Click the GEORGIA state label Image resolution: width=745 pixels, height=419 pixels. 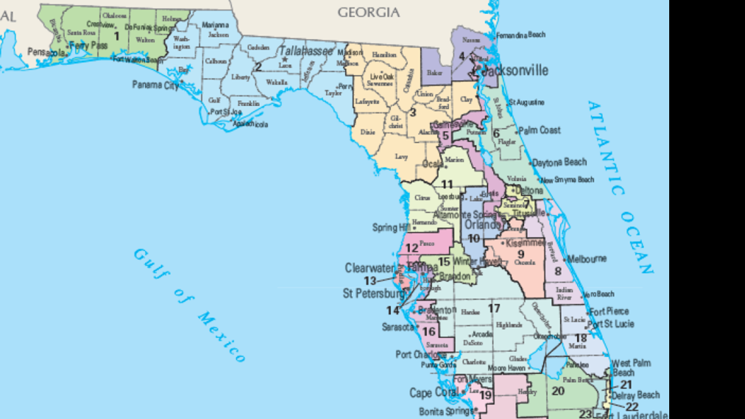click(x=368, y=12)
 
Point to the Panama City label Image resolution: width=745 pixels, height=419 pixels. click(x=156, y=85)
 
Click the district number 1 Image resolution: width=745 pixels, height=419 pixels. click(x=117, y=36)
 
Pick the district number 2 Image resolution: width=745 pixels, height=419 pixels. click(x=259, y=67)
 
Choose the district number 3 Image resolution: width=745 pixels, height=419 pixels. click(x=412, y=112)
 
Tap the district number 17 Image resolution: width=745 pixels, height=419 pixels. click(x=494, y=308)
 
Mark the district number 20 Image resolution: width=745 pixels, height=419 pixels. click(x=557, y=391)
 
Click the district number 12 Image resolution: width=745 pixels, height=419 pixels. click(x=411, y=248)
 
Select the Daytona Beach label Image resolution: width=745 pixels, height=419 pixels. click(x=559, y=162)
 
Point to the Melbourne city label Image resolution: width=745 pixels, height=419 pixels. click(x=587, y=259)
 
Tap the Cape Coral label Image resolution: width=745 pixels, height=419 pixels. click(x=429, y=393)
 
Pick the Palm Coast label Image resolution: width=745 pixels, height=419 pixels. click(x=540, y=130)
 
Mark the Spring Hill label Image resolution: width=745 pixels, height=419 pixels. click(x=390, y=227)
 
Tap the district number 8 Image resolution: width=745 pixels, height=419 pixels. click(x=557, y=271)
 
